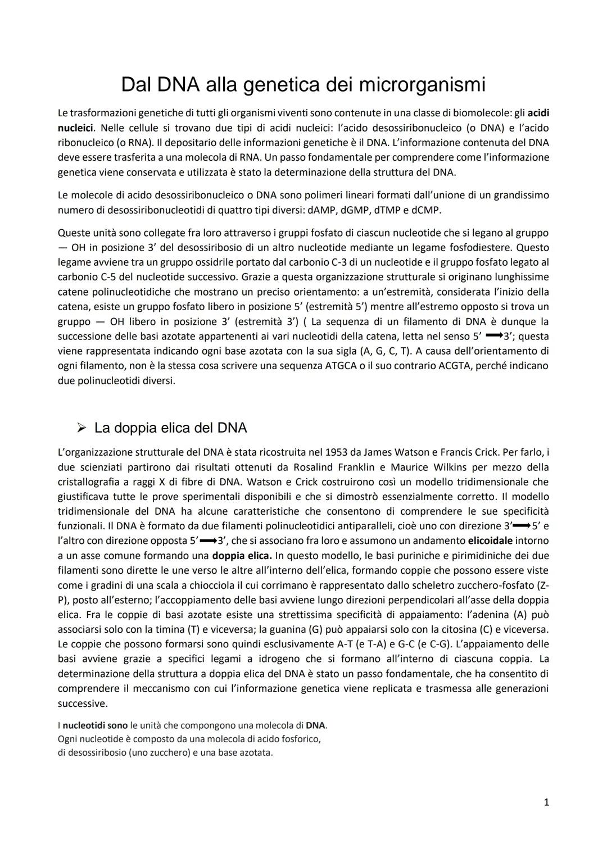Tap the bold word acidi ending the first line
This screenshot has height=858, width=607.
click(536, 114)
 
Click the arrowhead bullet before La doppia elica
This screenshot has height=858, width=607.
click(81, 428)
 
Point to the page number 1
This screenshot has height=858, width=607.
click(546, 802)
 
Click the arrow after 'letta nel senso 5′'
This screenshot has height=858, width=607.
click(493, 336)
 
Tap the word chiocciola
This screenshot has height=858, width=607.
click(223, 585)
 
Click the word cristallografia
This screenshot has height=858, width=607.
click(87, 482)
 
